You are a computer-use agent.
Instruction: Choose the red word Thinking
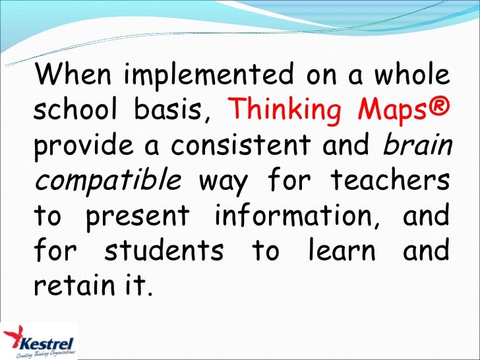(x=282, y=111)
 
